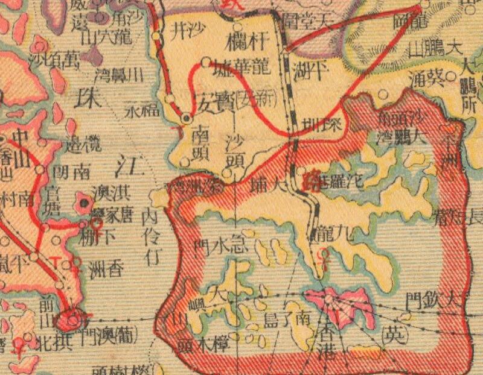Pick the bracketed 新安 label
point(249,96)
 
